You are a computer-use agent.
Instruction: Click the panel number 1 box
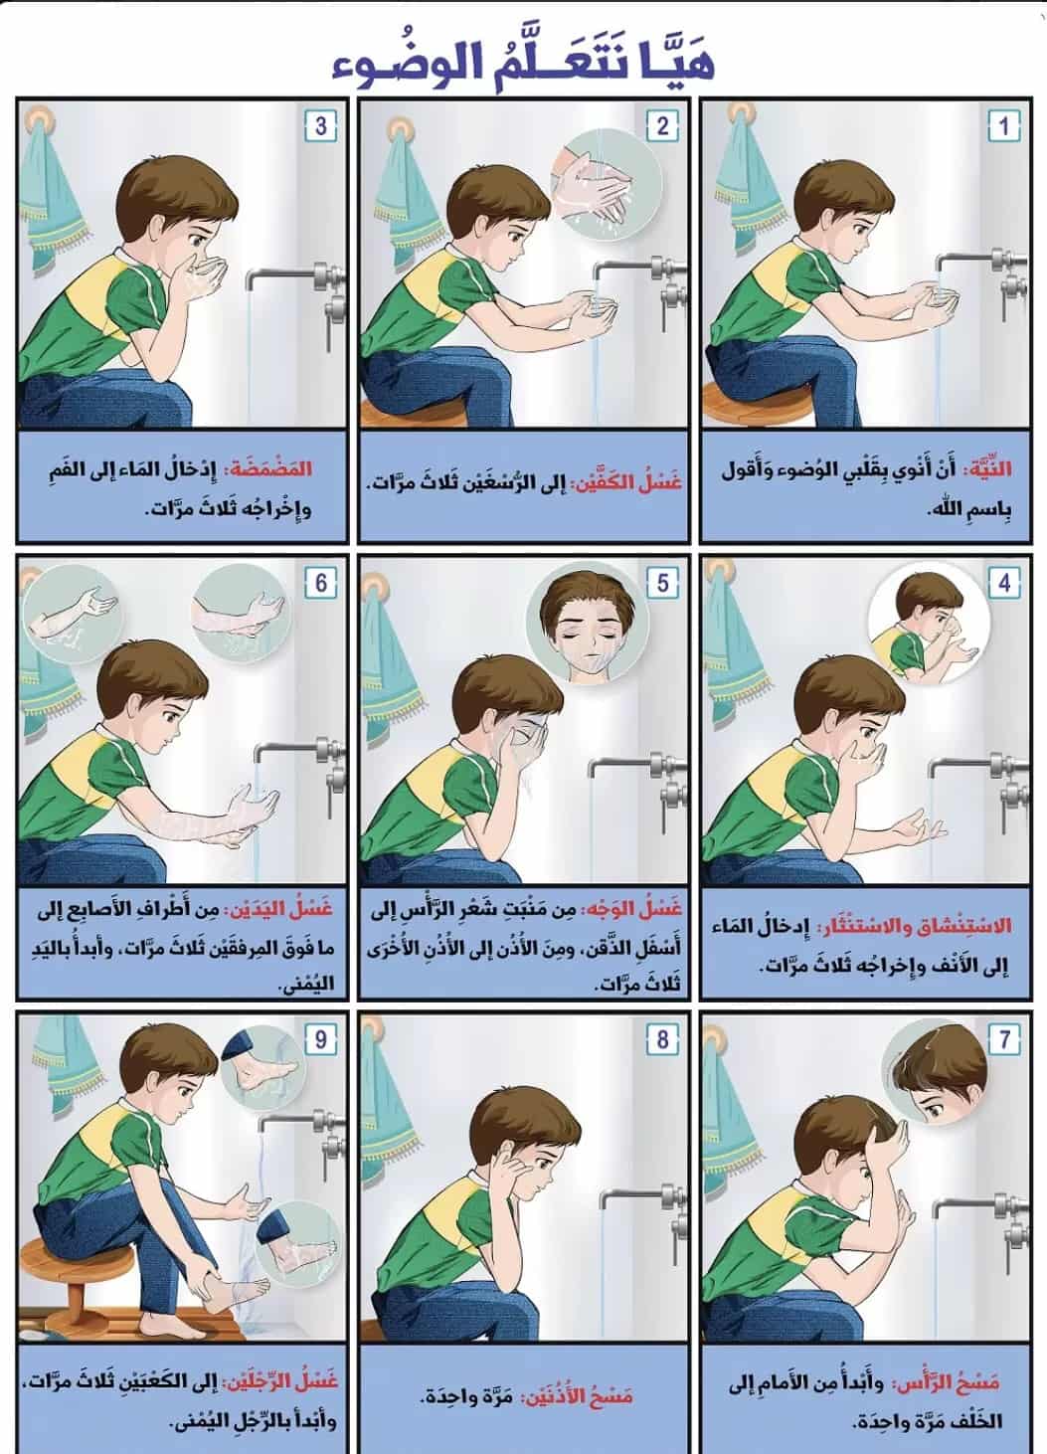pos(1003,126)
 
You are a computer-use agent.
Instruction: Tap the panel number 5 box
pos(662,583)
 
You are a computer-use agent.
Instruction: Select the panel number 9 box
pos(320,1040)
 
